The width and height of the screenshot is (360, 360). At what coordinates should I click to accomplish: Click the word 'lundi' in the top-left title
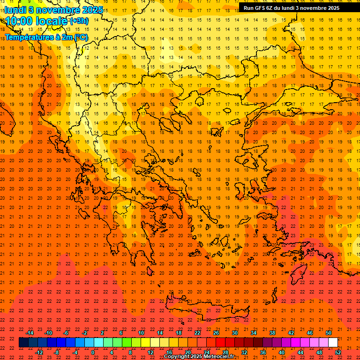(x=15, y=10)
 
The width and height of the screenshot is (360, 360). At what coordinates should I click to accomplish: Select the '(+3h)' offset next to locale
(x=78, y=21)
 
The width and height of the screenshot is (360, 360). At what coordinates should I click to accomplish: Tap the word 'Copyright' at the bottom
(x=176, y=357)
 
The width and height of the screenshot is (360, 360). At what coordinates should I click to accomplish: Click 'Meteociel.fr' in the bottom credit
(x=219, y=357)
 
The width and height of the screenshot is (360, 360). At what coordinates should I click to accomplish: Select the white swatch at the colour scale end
(x=333, y=343)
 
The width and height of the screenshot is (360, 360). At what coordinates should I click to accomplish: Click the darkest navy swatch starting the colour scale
(x=23, y=343)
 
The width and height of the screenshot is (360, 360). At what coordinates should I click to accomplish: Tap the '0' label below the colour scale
(x=93, y=352)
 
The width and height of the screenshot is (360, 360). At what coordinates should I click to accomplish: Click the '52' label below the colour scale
(x=337, y=352)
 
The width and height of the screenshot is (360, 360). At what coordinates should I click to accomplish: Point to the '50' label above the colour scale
(x=328, y=333)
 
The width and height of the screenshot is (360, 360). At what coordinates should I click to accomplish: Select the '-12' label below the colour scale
(x=39, y=352)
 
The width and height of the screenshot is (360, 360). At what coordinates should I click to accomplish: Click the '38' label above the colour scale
(x=272, y=333)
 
